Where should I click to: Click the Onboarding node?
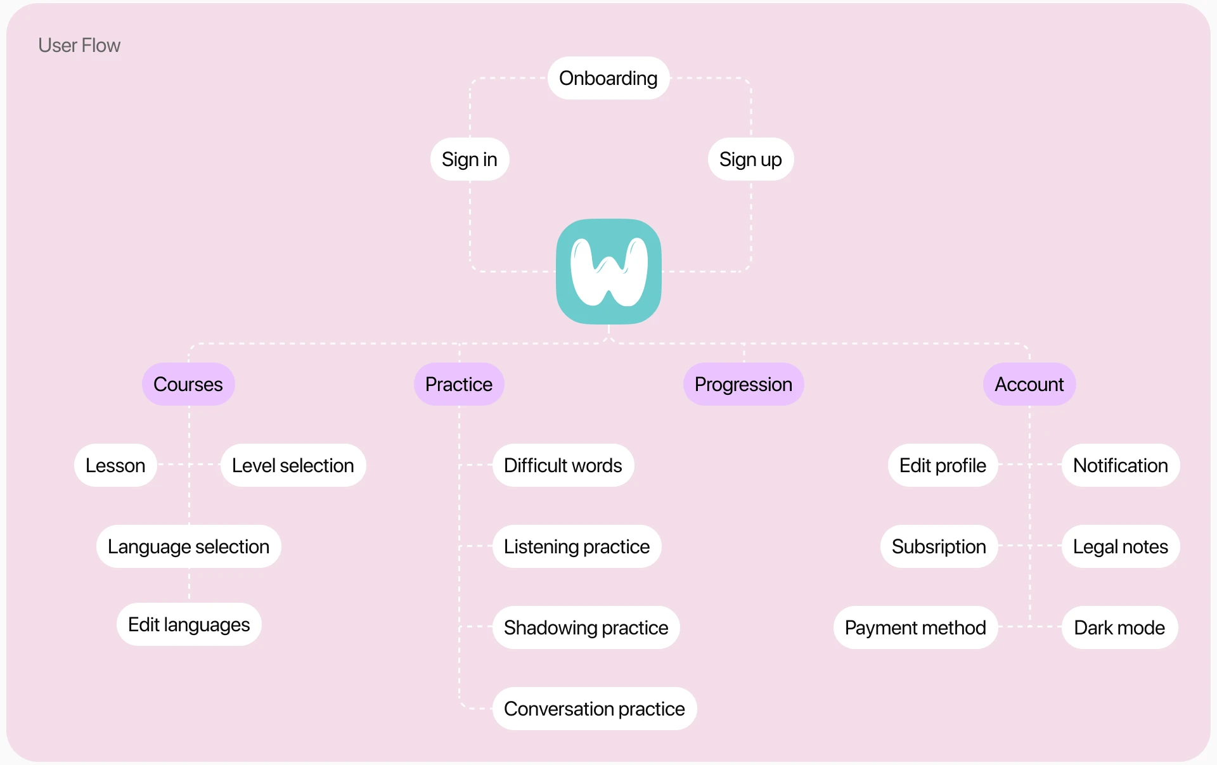pyautogui.click(x=608, y=79)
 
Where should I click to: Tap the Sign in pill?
pyautogui.click(x=470, y=160)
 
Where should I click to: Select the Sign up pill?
pyautogui.click(x=750, y=160)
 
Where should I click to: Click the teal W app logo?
pyautogui.click(x=608, y=271)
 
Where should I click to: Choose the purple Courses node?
pyautogui.click(x=188, y=385)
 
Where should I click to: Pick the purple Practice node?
pyautogui.click(x=459, y=385)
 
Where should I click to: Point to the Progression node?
pyautogui.click(x=744, y=385)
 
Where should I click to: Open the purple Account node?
pyautogui.click(x=1029, y=385)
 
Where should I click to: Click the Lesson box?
pyautogui.click(x=115, y=466)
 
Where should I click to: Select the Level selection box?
pyautogui.click(x=293, y=466)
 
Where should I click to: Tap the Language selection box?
pyautogui.click(x=188, y=547)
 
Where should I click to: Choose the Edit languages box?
pyautogui.click(x=189, y=625)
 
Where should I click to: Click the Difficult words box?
pyautogui.click(x=563, y=466)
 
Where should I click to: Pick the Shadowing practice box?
pyautogui.click(x=586, y=628)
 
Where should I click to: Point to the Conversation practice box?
pyautogui.click(x=595, y=709)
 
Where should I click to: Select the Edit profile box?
pyautogui.click(x=943, y=466)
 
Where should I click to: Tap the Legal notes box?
pyautogui.click(x=1120, y=547)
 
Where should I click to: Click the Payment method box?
pyautogui.click(x=915, y=628)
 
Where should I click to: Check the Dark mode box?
pyautogui.click(x=1119, y=628)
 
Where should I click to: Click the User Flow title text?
pyautogui.click(x=79, y=46)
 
